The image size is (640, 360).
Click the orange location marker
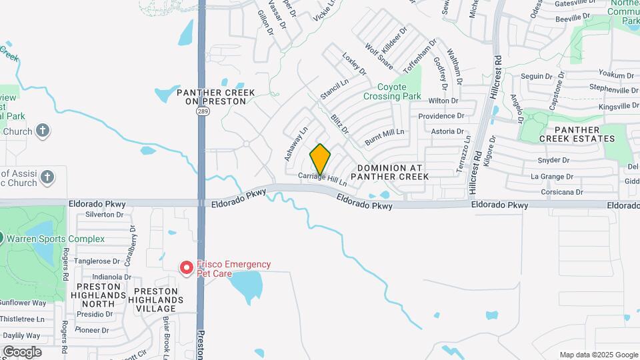point(321,159)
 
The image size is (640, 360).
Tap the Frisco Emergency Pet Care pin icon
point(187,267)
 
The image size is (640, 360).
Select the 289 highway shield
point(201,111)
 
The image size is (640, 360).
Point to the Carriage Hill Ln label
point(323,178)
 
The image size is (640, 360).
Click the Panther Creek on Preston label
point(211,96)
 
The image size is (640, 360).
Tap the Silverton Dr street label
point(105,215)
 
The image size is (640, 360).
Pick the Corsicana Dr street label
point(557,192)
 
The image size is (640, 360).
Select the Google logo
point(22,351)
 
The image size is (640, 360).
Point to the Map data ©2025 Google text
point(598,355)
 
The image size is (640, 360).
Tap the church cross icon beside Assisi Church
point(47,177)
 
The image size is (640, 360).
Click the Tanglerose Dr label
point(97,261)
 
